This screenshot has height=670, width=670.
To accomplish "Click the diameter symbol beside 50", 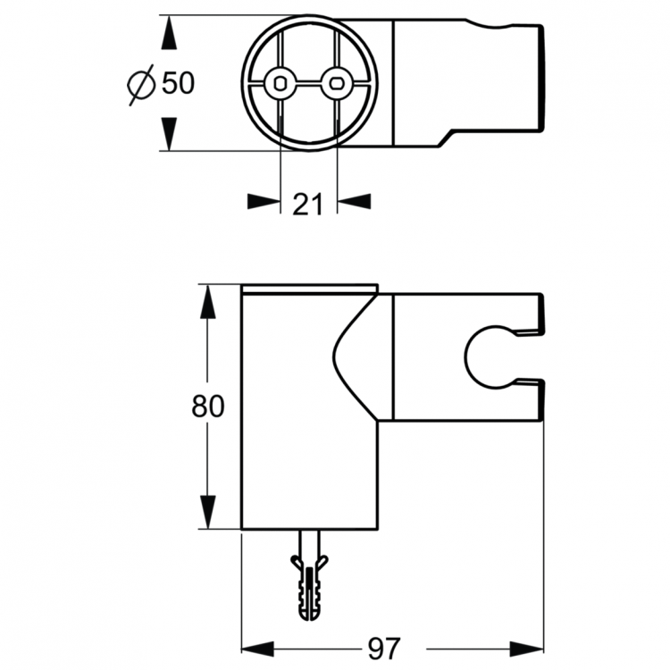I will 141,84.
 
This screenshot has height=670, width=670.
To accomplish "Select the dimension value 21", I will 308,204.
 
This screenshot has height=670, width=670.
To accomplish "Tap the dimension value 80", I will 207,406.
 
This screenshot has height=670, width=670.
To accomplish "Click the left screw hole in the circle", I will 282,83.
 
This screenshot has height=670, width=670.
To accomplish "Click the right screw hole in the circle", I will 337,83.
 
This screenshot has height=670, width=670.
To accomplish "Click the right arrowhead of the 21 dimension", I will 355,203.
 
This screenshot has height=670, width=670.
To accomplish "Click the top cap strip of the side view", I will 310,289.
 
